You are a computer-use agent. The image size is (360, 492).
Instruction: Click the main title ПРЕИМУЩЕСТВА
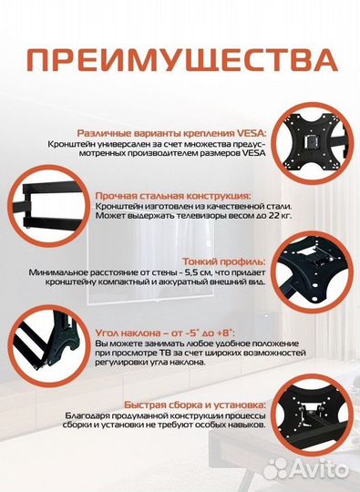(x=180, y=61)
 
